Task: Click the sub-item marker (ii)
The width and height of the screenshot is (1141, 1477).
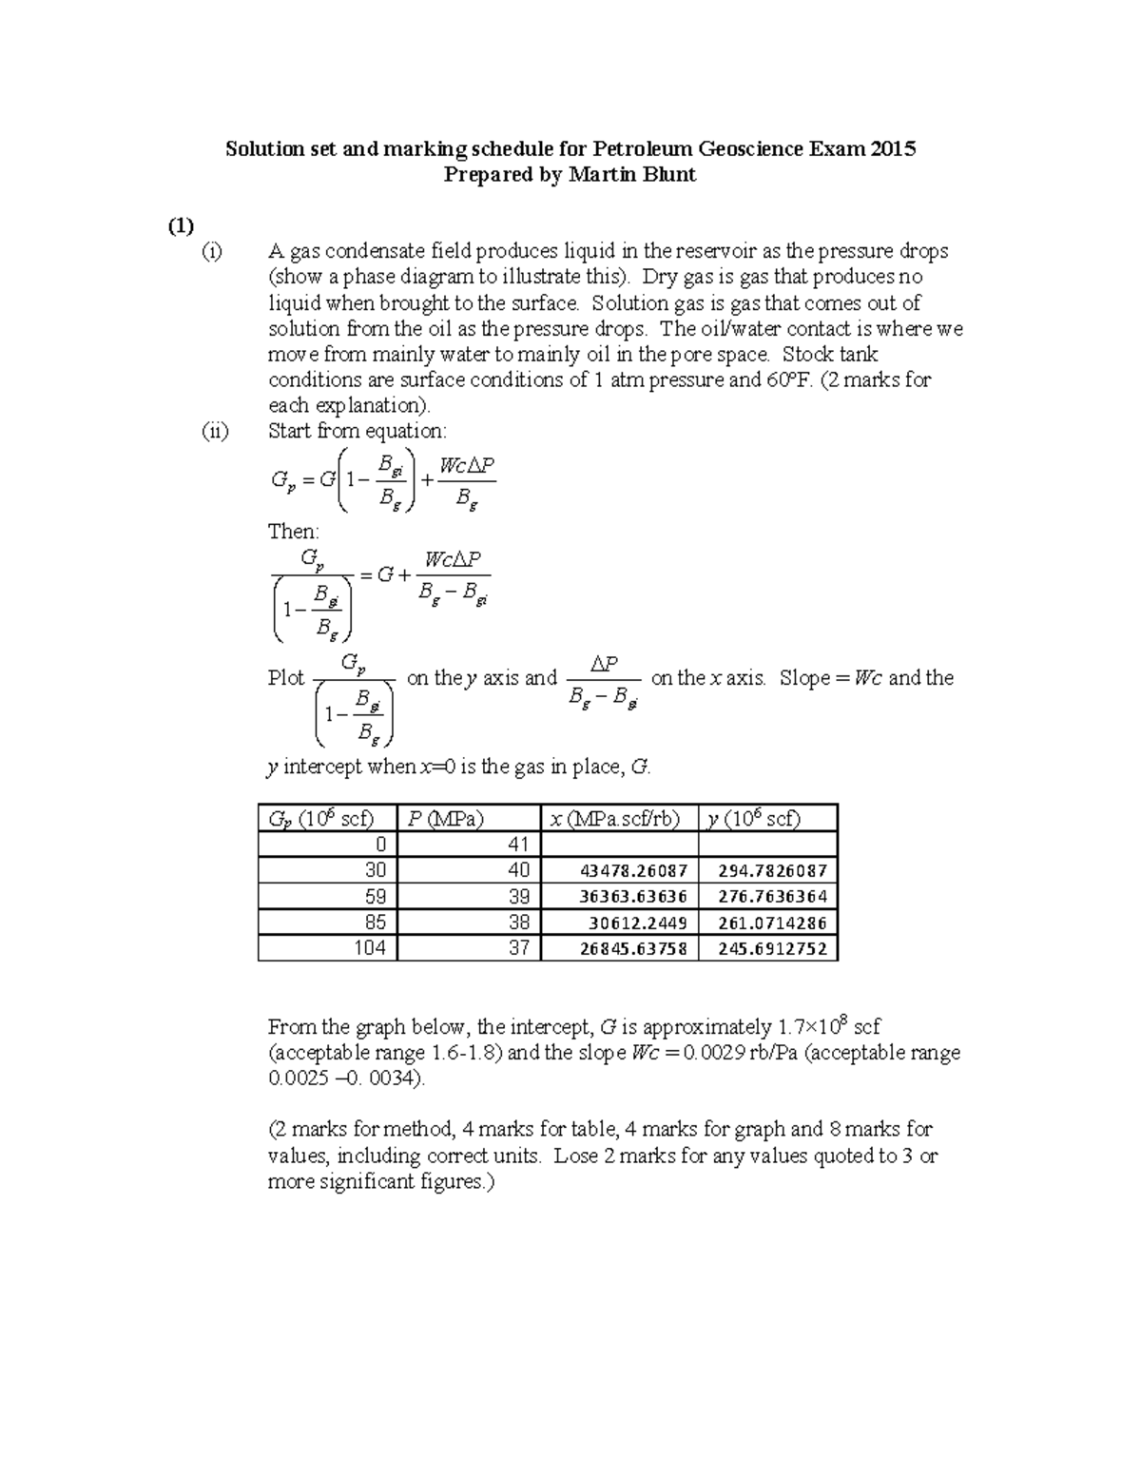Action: click(x=214, y=431)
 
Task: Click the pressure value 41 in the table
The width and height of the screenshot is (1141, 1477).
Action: click(x=517, y=845)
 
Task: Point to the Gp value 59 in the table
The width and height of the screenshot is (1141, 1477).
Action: click(x=376, y=896)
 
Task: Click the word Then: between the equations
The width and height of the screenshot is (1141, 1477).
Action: click(x=294, y=532)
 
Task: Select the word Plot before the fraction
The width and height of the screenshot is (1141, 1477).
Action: click(x=286, y=678)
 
